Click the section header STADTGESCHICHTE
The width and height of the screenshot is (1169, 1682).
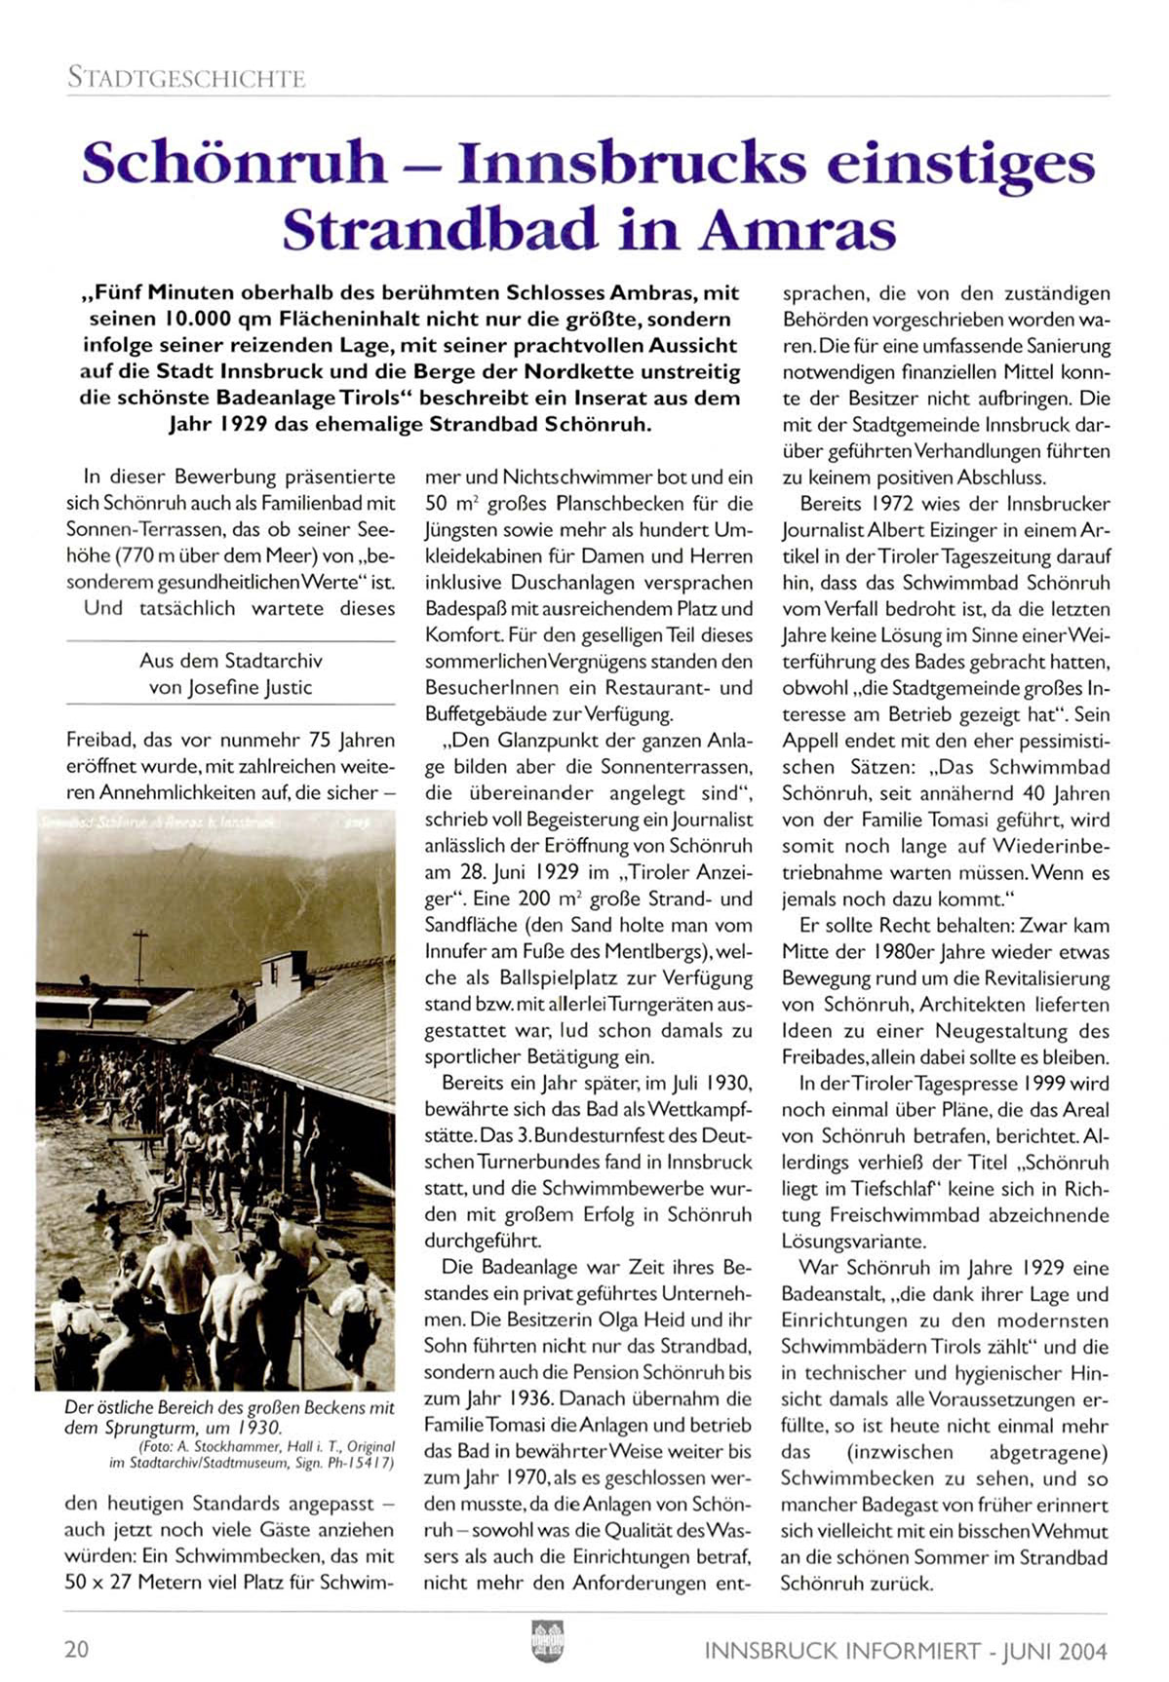[x=186, y=78]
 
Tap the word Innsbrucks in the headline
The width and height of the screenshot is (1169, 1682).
[x=632, y=163]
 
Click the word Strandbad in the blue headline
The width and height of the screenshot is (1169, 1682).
[x=441, y=230]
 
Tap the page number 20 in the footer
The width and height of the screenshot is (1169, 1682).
[x=77, y=1649]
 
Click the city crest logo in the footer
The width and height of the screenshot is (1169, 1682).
[x=547, y=1640]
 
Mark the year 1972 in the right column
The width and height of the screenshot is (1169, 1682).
[x=895, y=504]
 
